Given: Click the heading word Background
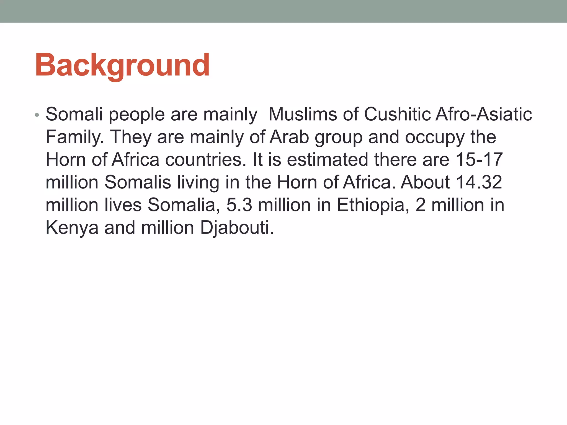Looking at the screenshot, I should pos(122,65).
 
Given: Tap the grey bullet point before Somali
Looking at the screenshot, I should pos(37,115).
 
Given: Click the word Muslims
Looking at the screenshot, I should pos(303,114).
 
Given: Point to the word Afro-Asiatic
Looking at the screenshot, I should pos(483,114).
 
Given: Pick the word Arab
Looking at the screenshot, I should pos(289,137).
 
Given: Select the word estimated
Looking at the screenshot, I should pos(328,160).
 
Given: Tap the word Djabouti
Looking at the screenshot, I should pos(237,228).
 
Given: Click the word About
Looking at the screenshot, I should pos(425,182).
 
